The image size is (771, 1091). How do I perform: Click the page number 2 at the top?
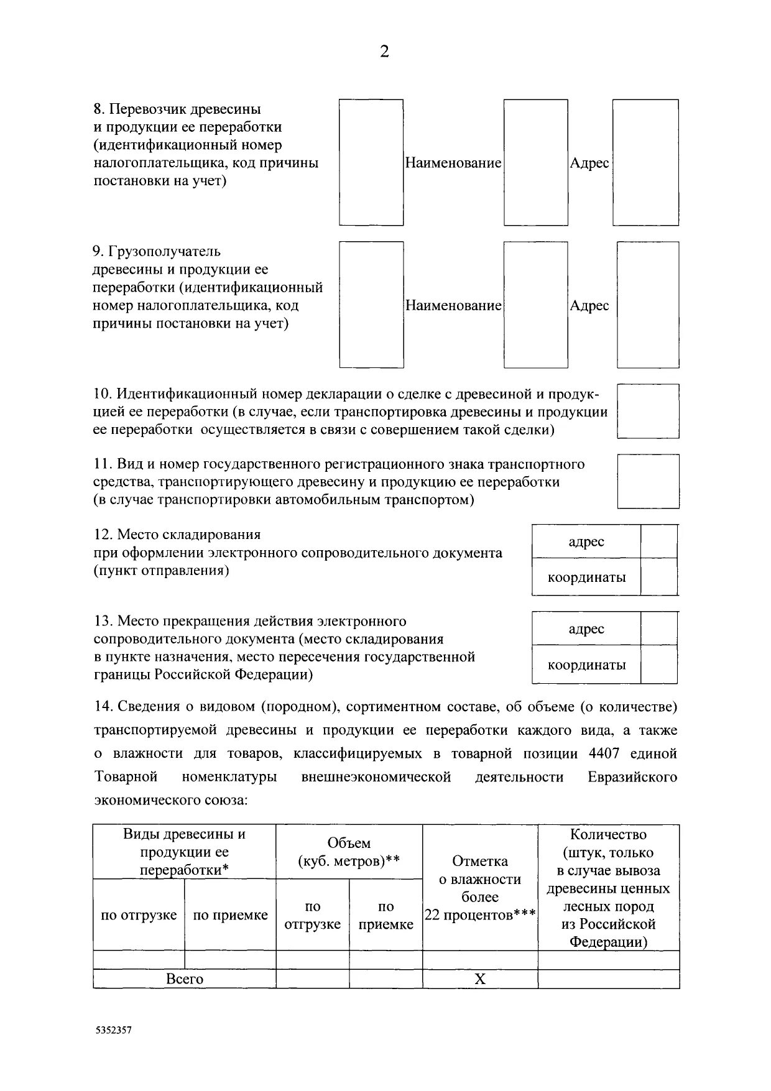pyautogui.click(x=384, y=52)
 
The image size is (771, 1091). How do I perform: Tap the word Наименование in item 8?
pyautogui.click(x=453, y=163)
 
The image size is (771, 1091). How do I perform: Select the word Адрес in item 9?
pyautogui.click(x=589, y=306)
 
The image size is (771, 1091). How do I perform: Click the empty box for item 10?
pyautogui.click(x=648, y=411)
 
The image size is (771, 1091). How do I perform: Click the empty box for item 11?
pyautogui.click(x=648, y=481)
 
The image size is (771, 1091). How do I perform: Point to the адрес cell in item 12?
pyautogui.click(x=586, y=541)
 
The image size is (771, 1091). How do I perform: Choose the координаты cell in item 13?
pyautogui.click(x=586, y=665)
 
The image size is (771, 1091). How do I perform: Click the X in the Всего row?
pyautogui.click(x=480, y=980)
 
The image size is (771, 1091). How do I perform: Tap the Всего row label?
pyautogui.click(x=185, y=979)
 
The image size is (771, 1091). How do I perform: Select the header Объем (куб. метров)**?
pyautogui.click(x=349, y=852)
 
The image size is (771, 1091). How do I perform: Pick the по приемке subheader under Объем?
pyautogui.click(x=386, y=916)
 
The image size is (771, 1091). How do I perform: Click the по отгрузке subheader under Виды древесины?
pyautogui.click(x=139, y=915)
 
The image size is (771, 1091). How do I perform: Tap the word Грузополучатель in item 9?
pyautogui.click(x=165, y=252)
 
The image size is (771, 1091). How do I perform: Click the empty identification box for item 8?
pyautogui.click(x=371, y=162)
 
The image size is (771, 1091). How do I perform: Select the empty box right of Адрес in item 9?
pyautogui.click(x=647, y=305)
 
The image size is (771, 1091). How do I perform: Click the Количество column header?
pyautogui.click(x=608, y=834)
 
